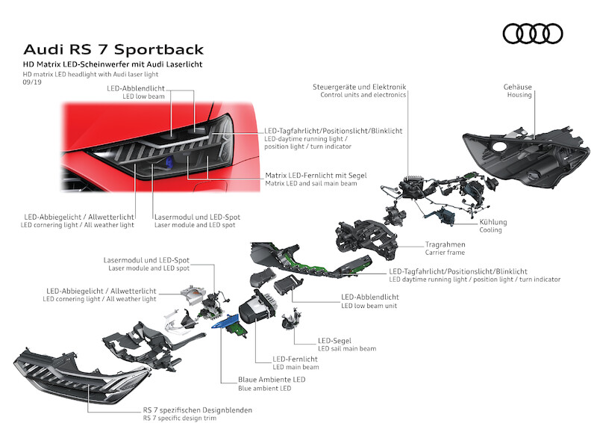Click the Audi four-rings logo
click(x=532, y=33)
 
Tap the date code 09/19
click(x=32, y=84)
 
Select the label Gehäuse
click(x=518, y=87)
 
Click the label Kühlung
click(x=493, y=222)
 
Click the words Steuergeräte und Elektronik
click(x=359, y=87)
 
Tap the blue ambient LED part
click(x=228, y=322)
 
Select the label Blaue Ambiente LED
click(x=256, y=380)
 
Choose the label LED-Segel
click(x=334, y=340)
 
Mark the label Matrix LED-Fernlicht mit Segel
click(x=316, y=175)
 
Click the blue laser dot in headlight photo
click(x=169, y=163)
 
